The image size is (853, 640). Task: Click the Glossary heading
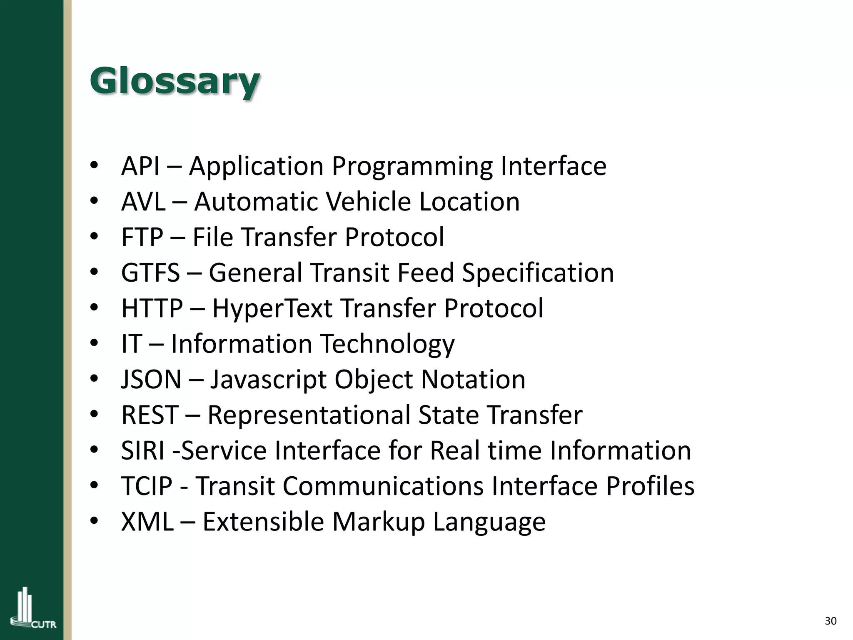point(175,82)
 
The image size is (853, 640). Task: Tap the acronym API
point(140,166)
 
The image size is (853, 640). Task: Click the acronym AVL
point(143,202)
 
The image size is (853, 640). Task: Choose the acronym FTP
point(142,237)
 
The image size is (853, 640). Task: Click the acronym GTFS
point(150,273)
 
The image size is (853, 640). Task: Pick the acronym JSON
point(151,380)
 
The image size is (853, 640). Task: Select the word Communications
point(383,486)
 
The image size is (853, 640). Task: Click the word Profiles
point(650,486)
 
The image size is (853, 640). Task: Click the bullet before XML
point(94,521)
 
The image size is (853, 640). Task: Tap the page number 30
point(831,621)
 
